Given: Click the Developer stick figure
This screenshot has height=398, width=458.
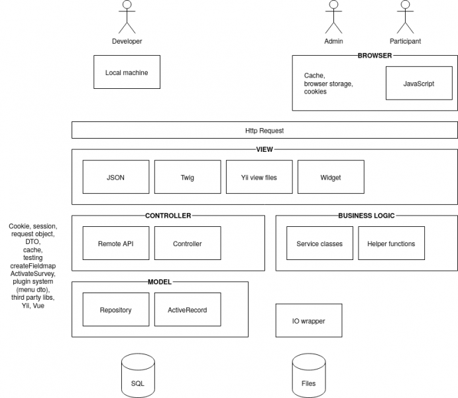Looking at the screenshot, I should pyautogui.click(x=127, y=17).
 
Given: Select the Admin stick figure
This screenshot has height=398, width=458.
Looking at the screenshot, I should pyautogui.click(x=333, y=17).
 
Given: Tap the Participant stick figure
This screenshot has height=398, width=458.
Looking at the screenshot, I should pyautogui.click(x=405, y=17).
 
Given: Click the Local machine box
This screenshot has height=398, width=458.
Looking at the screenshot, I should pyautogui.click(x=127, y=72).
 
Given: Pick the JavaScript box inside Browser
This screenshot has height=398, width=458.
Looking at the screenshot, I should pyautogui.click(x=419, y=84).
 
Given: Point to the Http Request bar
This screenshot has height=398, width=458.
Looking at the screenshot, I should pyautogui.click(x=264, y=131).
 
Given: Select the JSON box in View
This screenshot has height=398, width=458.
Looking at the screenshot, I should pyautogui.click(x=115, y=177).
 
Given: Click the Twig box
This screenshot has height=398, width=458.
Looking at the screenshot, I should pyautogui.click(x=188, y=177).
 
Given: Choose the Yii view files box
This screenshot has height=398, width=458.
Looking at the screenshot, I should pyautogui.click(x=259, y=177).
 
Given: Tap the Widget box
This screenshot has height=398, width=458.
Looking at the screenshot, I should pyautogui.click(x=331, y=177).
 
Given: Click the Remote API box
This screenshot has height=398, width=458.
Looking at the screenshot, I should pyautogui.click(x=115, y=243).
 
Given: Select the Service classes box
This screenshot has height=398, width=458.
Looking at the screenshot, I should pyautogui.click(x=319, y=243).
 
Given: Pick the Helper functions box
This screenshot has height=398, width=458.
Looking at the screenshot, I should pyautogui.click(x=391, y=243).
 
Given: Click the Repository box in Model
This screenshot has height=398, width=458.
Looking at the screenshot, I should pyautogui.click(x=115, y=310).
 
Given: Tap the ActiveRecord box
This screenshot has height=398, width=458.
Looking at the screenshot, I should pyautogui.click(x=188, y=310).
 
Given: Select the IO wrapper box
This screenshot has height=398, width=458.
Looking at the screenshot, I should pyautogui.click(x=309, y=321).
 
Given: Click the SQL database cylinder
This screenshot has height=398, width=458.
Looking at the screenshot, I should pyautogui.click(x=138, y=376).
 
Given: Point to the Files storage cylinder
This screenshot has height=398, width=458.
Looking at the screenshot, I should pyautogui.click(x=309, y=376).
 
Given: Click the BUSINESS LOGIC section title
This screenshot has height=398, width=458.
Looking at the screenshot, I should pyautogui.click(x=367, y=216).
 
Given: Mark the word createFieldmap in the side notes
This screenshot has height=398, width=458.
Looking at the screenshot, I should pyautogui.click(x=32, y=266).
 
